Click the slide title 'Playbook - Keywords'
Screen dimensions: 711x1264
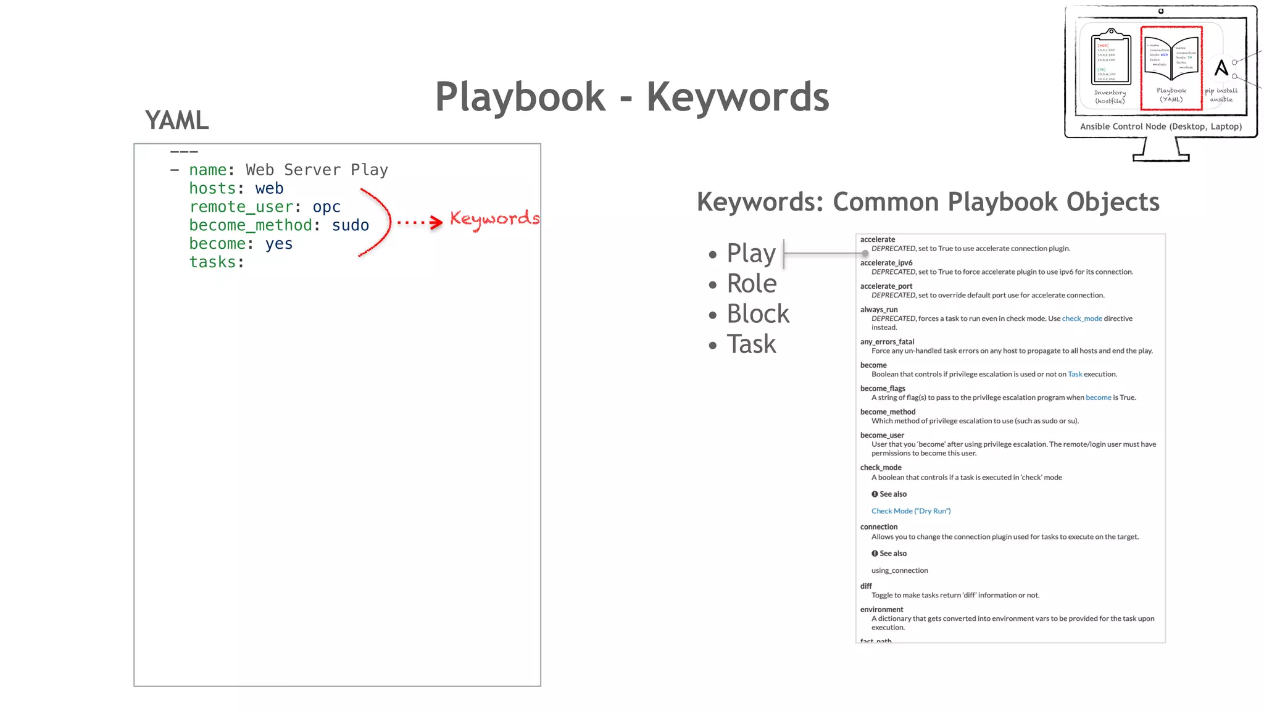(x=632, y=97)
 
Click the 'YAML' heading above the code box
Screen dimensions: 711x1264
(x=177, y=120)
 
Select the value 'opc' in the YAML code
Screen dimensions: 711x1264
(x=326, y=207)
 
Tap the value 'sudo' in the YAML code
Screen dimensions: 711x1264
(x=351, y=225)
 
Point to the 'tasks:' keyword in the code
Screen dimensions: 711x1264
(x=217, y=262)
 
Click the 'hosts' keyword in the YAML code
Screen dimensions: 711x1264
(x=212, y=188)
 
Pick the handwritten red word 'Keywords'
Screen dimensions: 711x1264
(x=494, y=219)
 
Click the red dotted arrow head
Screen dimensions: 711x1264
(x=437, y=222)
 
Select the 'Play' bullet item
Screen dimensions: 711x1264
(x=751, y=253)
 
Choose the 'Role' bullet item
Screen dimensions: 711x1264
(x=752, y=283)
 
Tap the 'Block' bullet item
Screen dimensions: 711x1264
(x=758, y=314)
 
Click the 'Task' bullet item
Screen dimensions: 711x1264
(x=751, y=344)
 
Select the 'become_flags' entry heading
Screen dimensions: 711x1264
(x=883, y=388)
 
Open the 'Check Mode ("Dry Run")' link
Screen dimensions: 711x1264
(x=911, y=511)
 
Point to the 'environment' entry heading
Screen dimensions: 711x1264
(x=881, y=609)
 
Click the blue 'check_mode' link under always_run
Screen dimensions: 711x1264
(x=1082, y=318)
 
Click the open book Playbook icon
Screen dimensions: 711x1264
(x=1171, y=58)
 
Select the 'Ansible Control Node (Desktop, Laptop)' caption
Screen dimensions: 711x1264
(x=1161, y=127)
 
